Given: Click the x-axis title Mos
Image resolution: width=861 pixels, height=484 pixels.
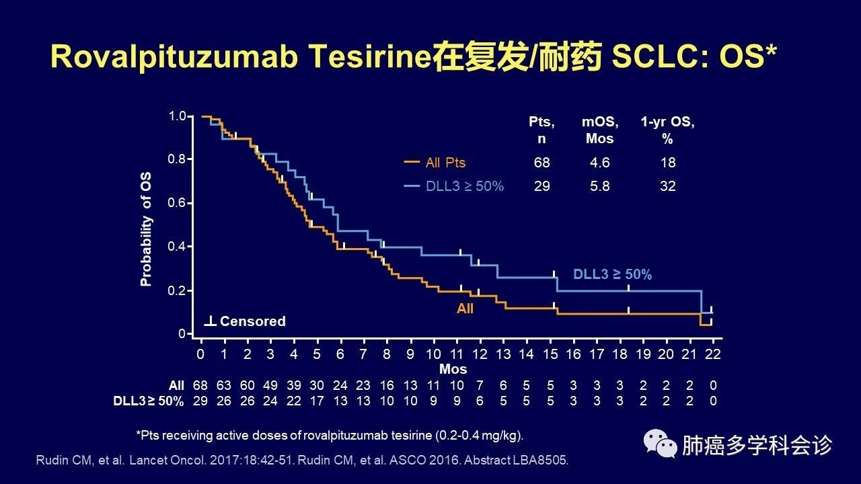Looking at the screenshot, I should click(x=453, y=369).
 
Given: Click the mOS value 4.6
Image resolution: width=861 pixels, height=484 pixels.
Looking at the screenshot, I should click(x=599, y=163).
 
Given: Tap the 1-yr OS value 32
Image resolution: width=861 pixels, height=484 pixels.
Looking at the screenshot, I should click(x=667, y=186).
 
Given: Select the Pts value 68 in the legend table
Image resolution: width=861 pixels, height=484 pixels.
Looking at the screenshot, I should click(x=541, y=163).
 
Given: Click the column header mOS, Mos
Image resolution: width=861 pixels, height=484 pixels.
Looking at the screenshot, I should click(x=599, y=130).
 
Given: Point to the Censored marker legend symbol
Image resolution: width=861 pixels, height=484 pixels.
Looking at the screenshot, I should click(x=210, y=321).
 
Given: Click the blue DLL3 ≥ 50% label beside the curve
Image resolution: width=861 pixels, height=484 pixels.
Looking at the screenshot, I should click(x=612, y=274).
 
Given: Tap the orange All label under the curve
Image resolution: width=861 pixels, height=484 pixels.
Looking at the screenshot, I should click(x=465, y=309).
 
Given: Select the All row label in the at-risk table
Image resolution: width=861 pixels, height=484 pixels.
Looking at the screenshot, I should click(x=176, y=386).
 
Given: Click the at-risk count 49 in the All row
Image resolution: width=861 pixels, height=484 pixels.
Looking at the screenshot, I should click(x=270, y=386).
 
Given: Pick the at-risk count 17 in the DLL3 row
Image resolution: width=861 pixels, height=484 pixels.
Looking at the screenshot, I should click(x=317, y=401).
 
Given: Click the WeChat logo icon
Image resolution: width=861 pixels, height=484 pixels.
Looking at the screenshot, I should click(x=659, y=444).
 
